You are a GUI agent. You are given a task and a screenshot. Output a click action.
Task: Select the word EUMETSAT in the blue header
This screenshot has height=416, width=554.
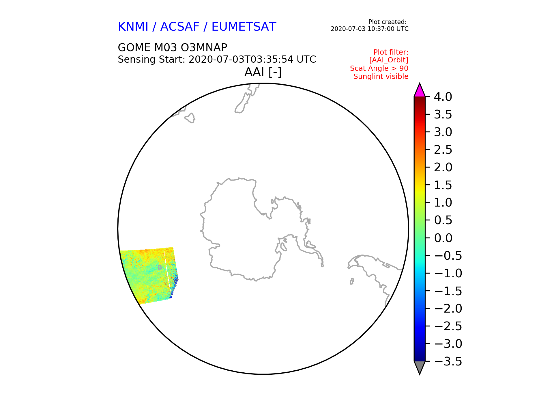click(244, 27)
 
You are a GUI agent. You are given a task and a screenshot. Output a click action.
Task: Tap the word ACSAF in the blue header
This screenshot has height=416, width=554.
click(180, 27)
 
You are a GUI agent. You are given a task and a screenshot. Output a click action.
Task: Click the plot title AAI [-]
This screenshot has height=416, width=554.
click(263, 72)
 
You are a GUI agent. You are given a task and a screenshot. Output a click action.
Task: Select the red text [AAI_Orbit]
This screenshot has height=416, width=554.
click(389, 60)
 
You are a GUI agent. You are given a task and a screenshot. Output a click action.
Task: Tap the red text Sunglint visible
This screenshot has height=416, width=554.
click(381, 77)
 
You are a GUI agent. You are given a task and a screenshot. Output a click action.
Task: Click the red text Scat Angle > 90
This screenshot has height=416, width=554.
click(379, 68)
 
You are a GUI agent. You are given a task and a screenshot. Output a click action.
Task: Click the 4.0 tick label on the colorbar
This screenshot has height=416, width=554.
click(443, 97)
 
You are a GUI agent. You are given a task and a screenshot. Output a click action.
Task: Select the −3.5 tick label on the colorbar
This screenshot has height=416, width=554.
click(448, 361)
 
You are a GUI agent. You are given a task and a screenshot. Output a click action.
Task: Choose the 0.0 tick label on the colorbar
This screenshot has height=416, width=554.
click(443, 238)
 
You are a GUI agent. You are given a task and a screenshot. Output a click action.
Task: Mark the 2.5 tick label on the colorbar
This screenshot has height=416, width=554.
click(443, 150)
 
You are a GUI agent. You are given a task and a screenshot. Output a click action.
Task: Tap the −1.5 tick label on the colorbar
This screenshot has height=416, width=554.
click(448, 291)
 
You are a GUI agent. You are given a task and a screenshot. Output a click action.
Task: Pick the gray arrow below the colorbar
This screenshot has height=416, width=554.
click(420, 367)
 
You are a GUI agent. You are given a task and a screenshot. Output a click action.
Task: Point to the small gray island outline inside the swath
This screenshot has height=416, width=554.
click(160, 268)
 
